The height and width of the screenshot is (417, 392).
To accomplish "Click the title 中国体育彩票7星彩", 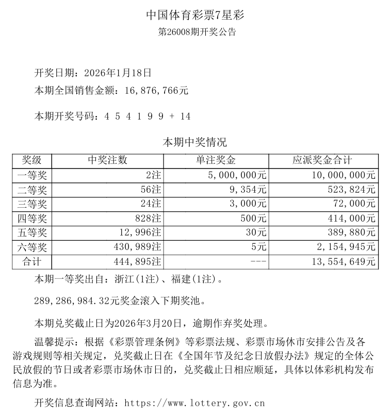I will point(195,15).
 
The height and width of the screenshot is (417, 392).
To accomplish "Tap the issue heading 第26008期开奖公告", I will point(196,32).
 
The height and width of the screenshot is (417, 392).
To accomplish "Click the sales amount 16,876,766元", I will point(157,91).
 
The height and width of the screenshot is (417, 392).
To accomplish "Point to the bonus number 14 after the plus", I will point(186,116).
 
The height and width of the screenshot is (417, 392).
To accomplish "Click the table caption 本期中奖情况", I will point(195,142).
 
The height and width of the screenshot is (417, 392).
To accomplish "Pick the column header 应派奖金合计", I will point(322,160).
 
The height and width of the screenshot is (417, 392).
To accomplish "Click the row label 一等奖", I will point(35,175).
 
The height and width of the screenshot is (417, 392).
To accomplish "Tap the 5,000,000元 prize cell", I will point(238,175).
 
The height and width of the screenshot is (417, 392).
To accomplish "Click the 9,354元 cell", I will point(250,190).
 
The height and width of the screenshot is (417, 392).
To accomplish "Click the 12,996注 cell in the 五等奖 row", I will point(138,233).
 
